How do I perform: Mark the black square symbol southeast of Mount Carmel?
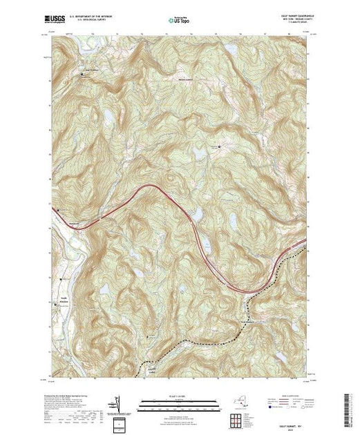click(220, 146)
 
